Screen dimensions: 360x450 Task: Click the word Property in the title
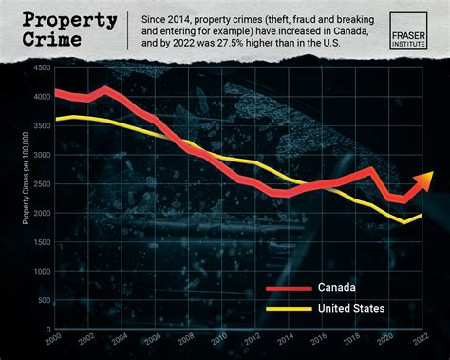coord(64,20)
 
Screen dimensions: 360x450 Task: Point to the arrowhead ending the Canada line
coord(424,179)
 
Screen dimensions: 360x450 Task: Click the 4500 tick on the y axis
coord(40,67)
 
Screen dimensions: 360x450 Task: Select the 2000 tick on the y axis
coord(40,213)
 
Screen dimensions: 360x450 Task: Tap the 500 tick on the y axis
coord(42,300)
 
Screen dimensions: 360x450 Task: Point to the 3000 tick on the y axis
coord(40,155)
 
